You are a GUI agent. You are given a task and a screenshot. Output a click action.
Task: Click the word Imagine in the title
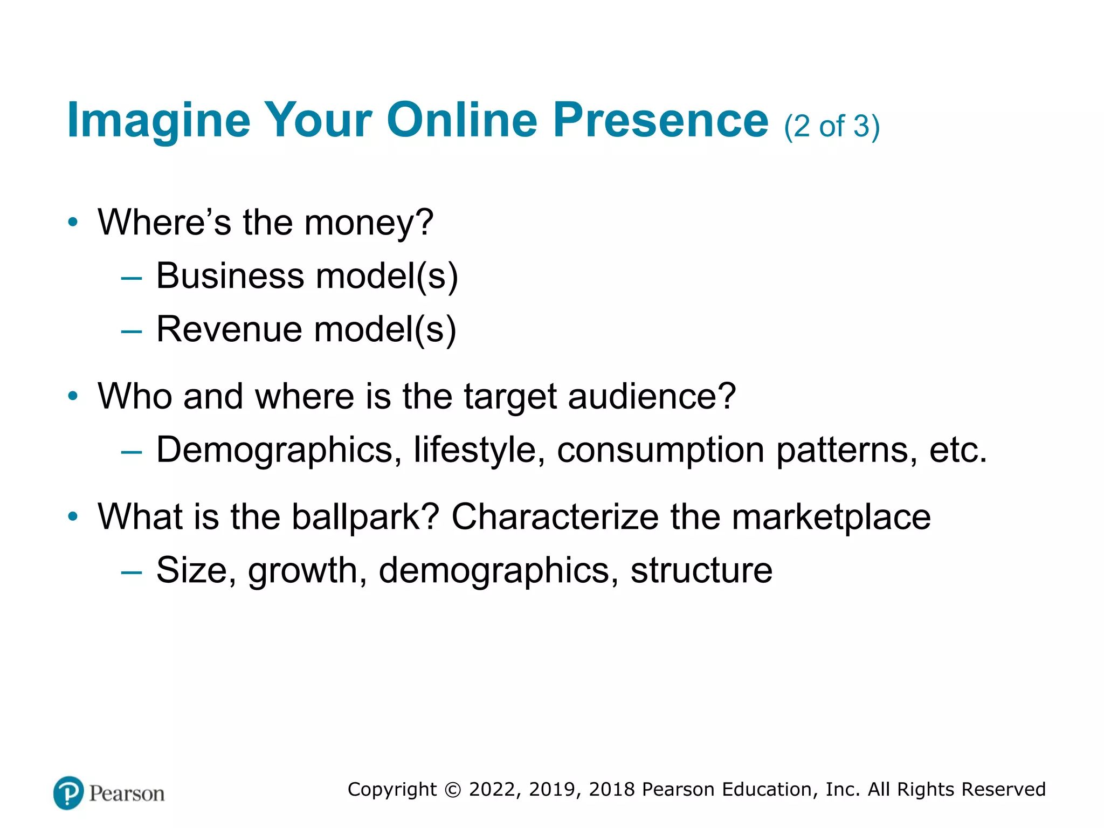tap(158, 121)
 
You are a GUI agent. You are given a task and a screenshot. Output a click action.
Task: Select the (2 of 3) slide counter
tap(832, 127)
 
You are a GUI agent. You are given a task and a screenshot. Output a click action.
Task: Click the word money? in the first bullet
tap(369, 223)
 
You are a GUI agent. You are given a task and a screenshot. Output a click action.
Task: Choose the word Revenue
tap(229, 329)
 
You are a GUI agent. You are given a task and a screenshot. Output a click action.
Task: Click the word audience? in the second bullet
tap(652, 397)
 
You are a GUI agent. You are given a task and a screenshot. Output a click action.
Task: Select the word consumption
tap(660, 450)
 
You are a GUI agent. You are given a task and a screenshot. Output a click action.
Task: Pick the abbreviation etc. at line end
tap(958, 450)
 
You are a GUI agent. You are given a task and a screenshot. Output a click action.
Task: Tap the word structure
tap(701, 570)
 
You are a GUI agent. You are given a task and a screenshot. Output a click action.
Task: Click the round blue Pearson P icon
tap(68, 793)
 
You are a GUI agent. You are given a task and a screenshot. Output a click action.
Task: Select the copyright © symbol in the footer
tap(453, 790)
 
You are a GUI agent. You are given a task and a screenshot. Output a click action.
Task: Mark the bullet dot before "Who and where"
tap(73, 397)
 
